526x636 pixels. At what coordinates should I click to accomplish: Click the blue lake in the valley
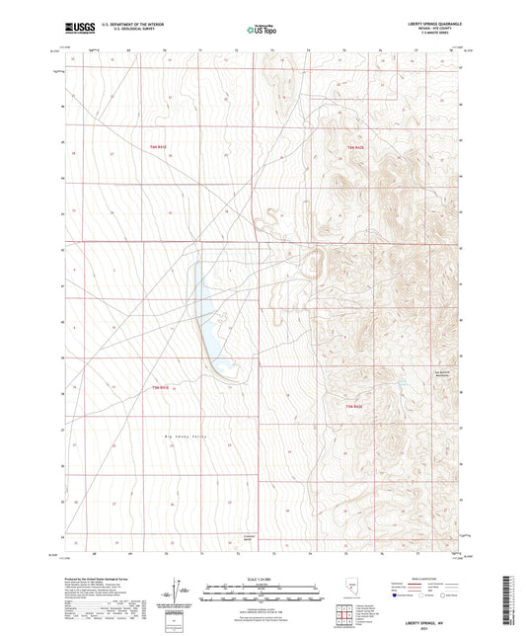click(x=212, y=316)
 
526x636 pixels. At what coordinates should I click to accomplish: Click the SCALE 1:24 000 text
click(x=263, y=579)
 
